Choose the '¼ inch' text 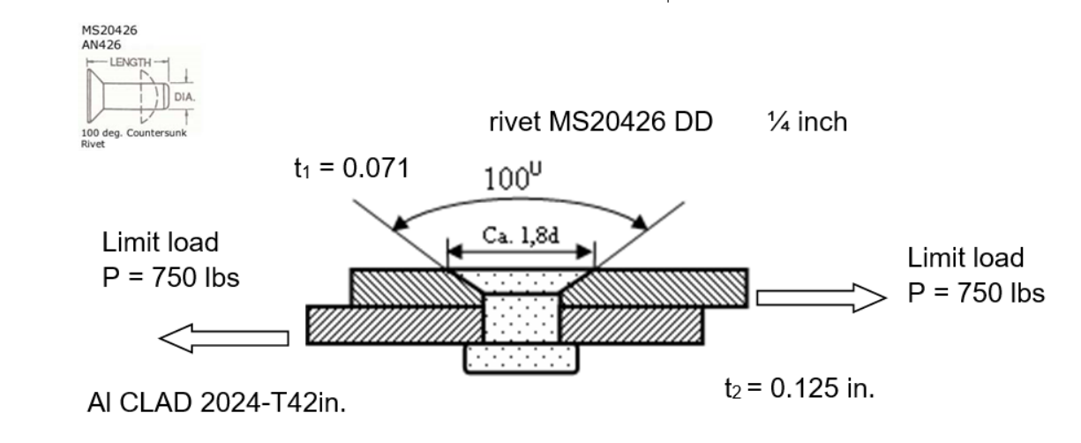[x=808, y=122]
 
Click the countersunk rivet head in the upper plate [x=520, y=282]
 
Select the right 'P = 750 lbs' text [x=977, y=294]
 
